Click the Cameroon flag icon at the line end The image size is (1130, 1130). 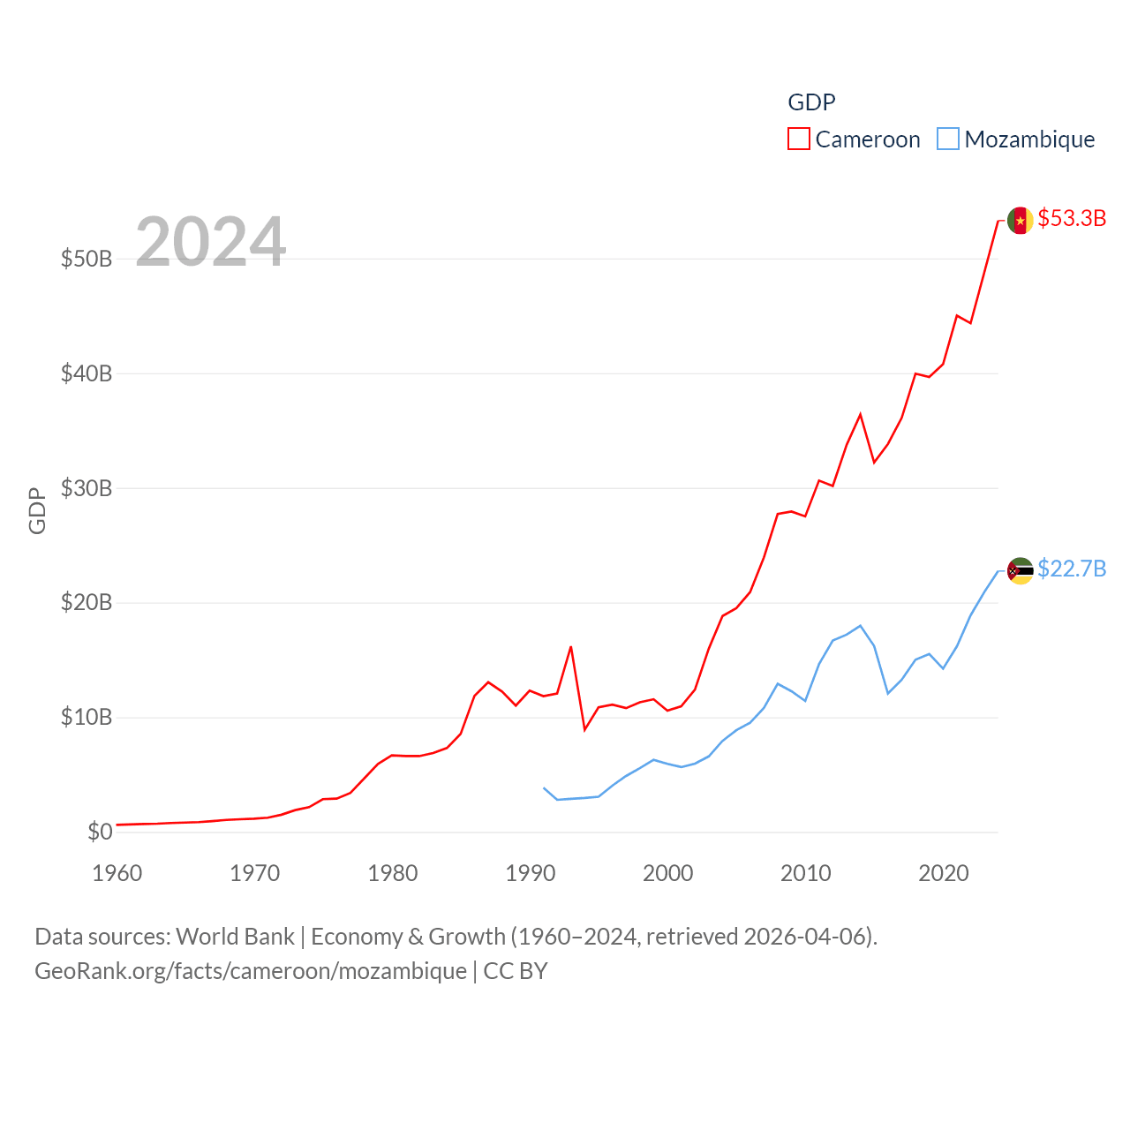(x=1020, y=220)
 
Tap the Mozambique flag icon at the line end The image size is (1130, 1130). (x=1020, y=571)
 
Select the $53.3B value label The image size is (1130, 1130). (x=1072, y=218)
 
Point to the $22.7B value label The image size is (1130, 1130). (x=1072, y=569)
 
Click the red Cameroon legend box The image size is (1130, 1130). (x=799, y=139)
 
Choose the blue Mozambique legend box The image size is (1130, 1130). (x=948, y=139)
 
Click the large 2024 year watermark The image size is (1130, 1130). (x=211, y=241)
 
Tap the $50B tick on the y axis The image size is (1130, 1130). (x=87, y=259)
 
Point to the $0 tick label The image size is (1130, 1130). (x=100, y=832)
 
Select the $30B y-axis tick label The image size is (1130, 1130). (x=87, y=488)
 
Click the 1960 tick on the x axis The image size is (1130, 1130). (x=117, y=873)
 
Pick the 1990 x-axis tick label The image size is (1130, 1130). (x=531, y=873)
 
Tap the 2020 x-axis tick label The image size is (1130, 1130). (x=944, y=873)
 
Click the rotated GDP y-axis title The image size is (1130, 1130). (x=37, y=510)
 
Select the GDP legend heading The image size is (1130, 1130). (x=811, y=102)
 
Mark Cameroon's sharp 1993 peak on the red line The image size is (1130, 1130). (x=571, y=647)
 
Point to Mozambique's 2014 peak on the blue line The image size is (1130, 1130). (x=860, y=626)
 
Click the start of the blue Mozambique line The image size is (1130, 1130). (x=544, y=787)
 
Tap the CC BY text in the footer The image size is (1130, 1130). (x=516, y=971)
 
